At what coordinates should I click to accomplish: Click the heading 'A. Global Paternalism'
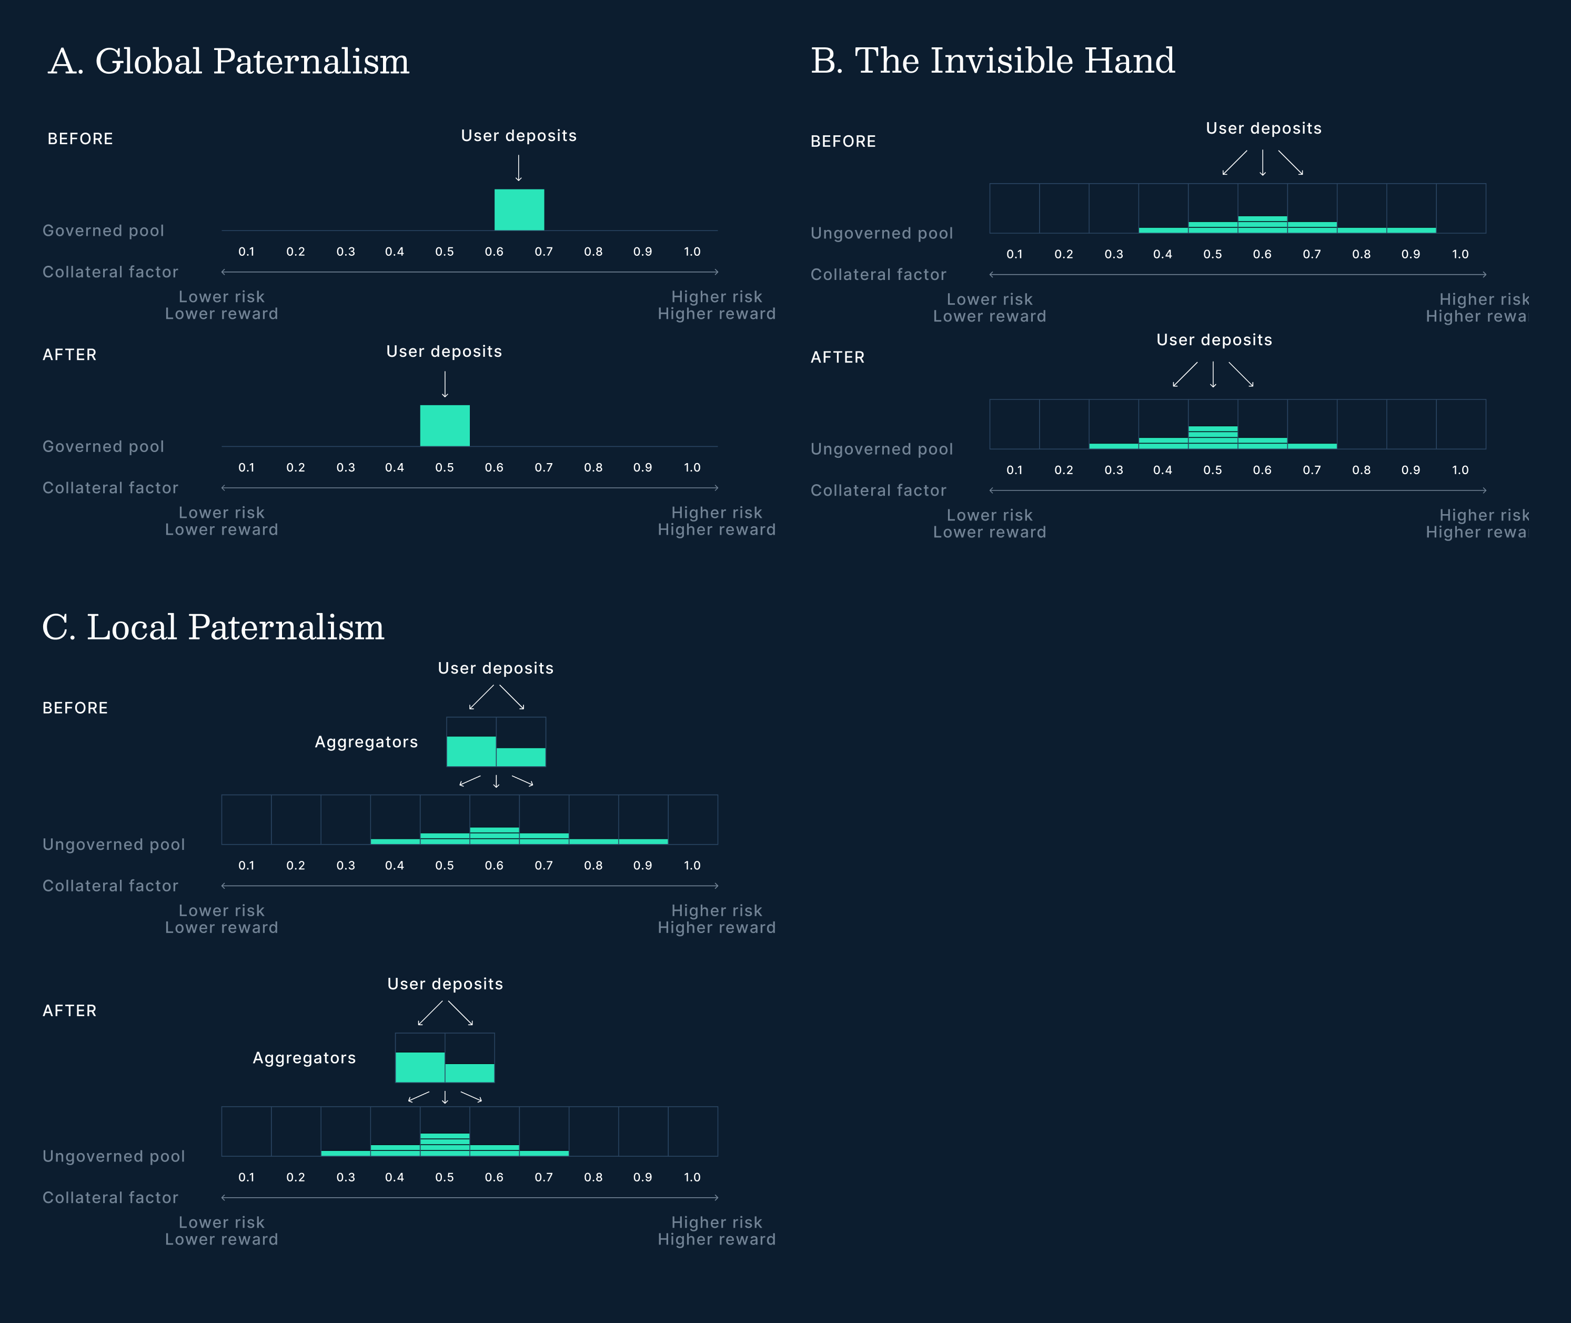[x=229, y=62]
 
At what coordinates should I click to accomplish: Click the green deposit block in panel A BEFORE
[x=519, y=210]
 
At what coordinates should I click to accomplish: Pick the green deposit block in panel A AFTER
[x=445, y=426]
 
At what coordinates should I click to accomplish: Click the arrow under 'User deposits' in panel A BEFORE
[x=519, y=168]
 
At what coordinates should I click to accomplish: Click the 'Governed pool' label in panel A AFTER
[x=104, y=447]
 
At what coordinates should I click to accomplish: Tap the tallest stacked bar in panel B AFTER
[x=1213, y=437]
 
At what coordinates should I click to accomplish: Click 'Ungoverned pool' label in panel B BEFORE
[x=882, y=233]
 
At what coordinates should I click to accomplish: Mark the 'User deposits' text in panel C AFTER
[x=445, y=984]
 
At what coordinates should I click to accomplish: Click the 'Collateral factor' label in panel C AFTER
[x=110, y=1198]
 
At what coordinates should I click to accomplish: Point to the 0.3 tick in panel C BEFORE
[x=346, y=866]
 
